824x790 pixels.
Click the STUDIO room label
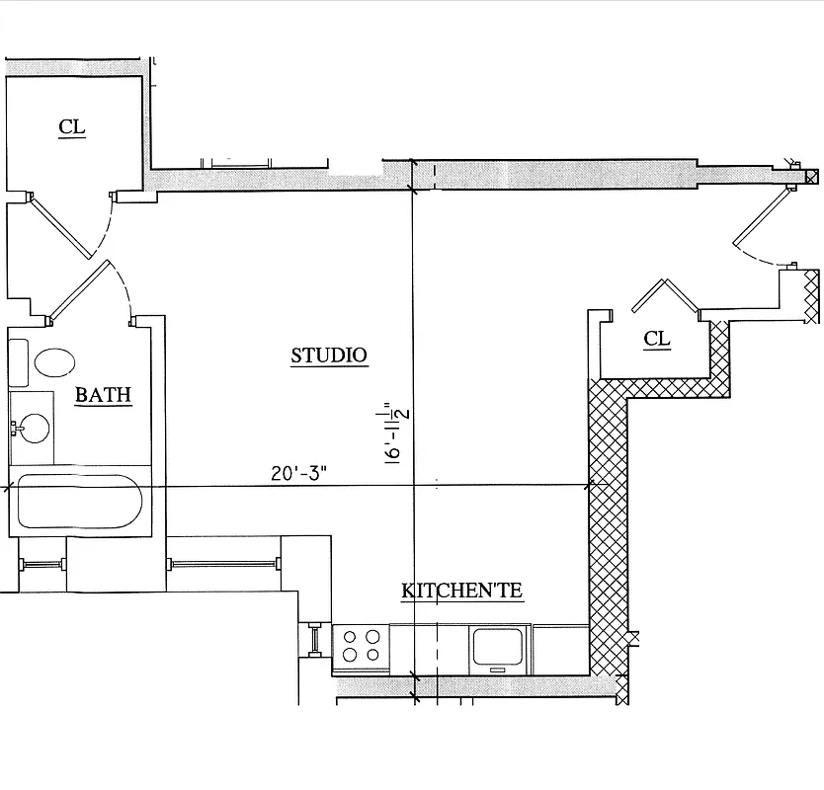329,328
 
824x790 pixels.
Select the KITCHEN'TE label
461,592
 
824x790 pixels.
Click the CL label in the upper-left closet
72,127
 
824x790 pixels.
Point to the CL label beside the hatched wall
657,311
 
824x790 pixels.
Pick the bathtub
79,502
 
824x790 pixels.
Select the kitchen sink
500,647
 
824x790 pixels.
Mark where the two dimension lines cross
414,486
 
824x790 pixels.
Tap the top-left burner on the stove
350,637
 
